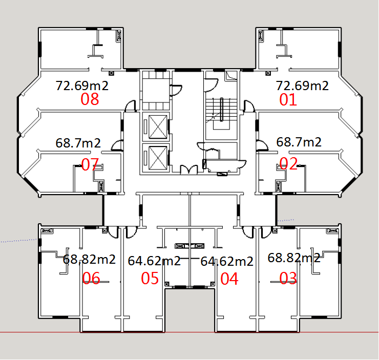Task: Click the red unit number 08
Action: coord(90,99)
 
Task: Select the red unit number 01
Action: coord(288,99)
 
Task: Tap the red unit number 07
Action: coord(90,164)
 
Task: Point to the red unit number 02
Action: coord(288,163)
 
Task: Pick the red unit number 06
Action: coord(91,278)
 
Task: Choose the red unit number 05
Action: coord(150,278)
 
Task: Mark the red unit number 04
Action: coord(229,279)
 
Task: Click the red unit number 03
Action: coord(288,278)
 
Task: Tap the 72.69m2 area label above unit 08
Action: coord(82,86)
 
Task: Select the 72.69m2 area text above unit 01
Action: coord(302,86)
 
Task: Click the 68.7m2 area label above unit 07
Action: coord(78,143)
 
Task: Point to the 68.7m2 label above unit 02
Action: coord(299,142)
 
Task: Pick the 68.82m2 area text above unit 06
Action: coord(89,259)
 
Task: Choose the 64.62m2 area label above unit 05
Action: coord(154,261)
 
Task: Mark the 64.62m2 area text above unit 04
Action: coord(227,262)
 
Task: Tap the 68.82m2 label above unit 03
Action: coord(294,258)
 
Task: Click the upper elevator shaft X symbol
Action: coord(158,127)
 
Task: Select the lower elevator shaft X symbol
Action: coord(158,158)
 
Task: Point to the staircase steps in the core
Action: coord(221,110)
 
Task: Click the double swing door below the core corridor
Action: coord(189,169)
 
